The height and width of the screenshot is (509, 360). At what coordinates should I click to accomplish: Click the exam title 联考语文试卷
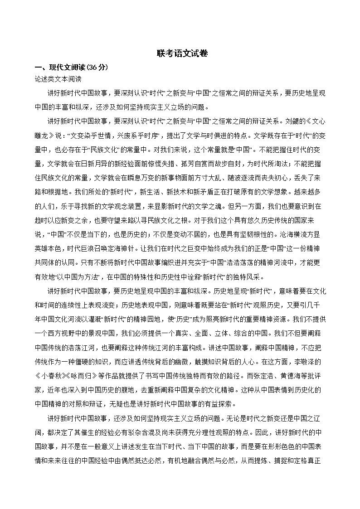click(180, 53)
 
